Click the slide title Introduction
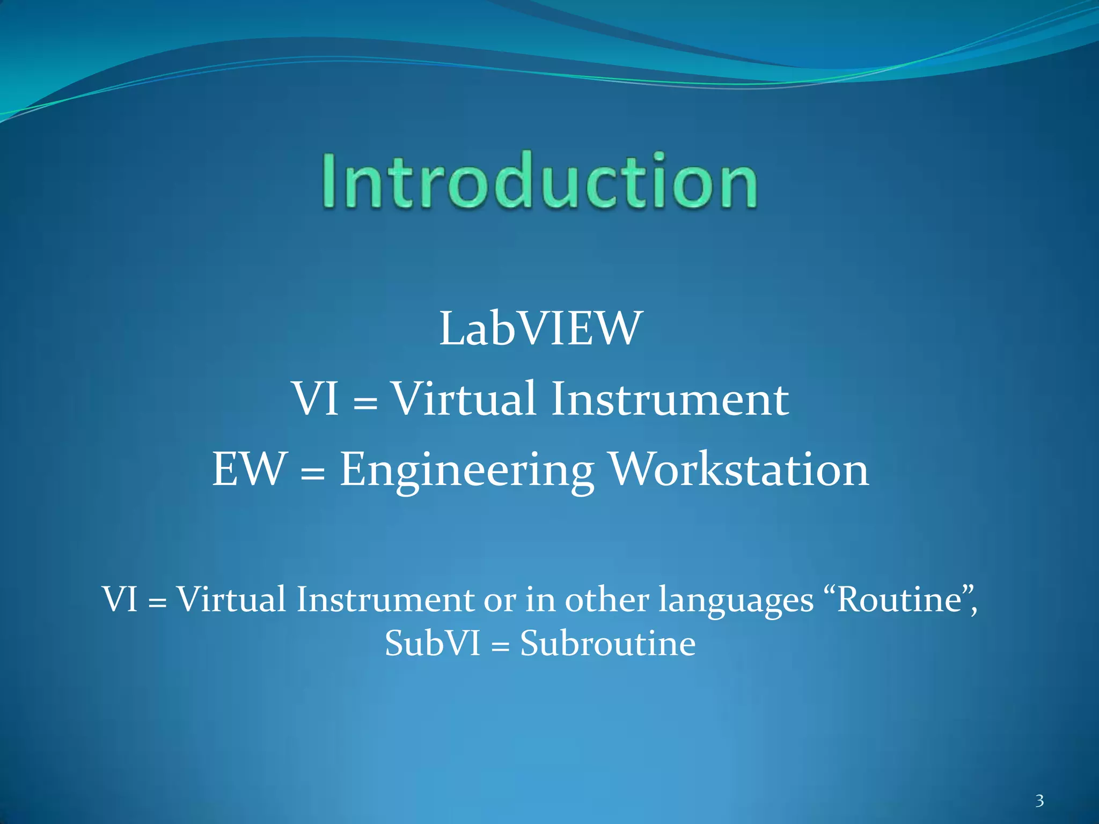pos(539,181)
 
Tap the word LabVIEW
pos(540,329)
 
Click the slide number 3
pos(1039,801)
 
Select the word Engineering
pos(467,470)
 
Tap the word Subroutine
pos(607,643)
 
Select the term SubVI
pos(432,643)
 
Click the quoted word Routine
pos(898,599)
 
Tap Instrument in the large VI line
pos(670,400)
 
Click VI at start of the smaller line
pos(120,599)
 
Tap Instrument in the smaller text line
pos(385,599)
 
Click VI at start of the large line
pos(315,399)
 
